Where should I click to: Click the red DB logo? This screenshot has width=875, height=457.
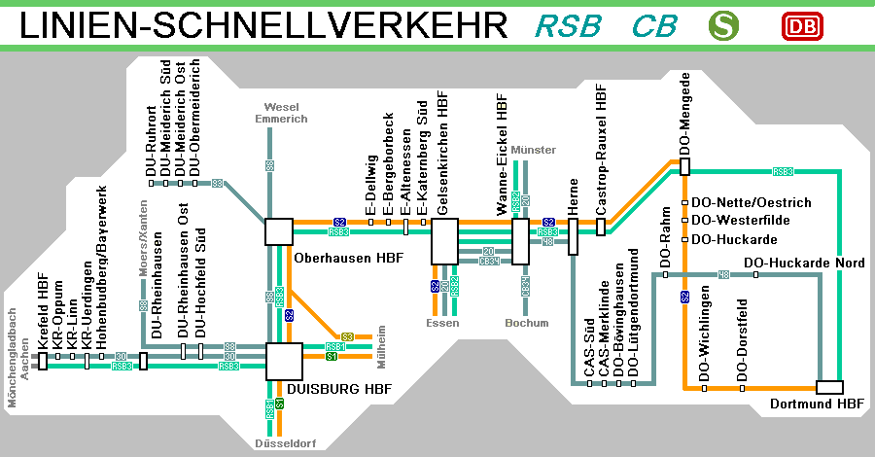tap(802, 26)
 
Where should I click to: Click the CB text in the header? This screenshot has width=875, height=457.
tap(654, 26)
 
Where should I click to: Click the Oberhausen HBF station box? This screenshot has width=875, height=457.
tap(279, 231)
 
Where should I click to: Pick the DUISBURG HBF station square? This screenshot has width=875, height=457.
tap(283, 361)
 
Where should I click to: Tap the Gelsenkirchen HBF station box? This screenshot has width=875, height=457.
tap(444, 240)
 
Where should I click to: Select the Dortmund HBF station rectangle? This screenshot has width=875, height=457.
tap(829, 388)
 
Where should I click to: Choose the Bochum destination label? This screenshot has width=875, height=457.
tap(527, 323)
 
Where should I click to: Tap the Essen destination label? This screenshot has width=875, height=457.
tap(442, 323)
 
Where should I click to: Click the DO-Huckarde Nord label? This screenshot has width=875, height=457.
tap(804, 263)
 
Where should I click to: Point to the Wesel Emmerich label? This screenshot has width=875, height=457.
tap(281, 112)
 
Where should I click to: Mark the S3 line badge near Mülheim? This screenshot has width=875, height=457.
tap(347, 336)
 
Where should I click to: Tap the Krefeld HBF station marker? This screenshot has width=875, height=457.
tap(43, 362)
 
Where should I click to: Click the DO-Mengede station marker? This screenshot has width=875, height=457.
tap(684, 166)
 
